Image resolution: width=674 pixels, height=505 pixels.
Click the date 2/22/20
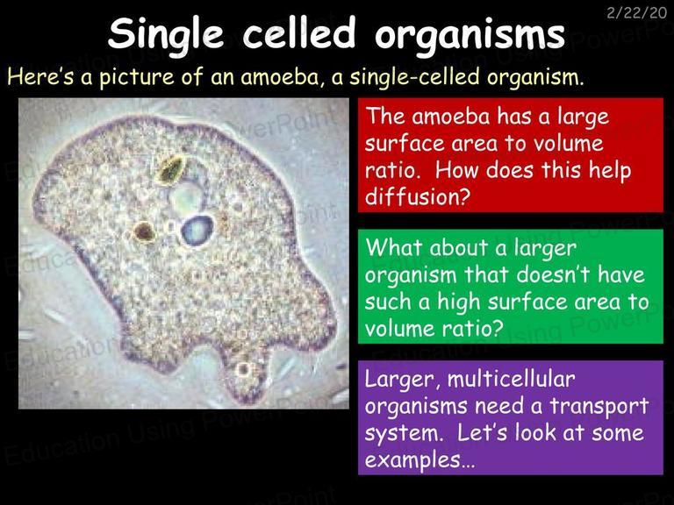click(636, 12)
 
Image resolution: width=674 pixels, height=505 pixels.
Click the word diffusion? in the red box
click(416, 197)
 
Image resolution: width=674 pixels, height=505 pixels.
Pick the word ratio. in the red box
click(392, 170)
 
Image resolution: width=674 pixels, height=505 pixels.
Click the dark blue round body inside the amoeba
click(197, 231)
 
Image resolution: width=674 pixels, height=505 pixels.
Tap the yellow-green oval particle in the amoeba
click(170, 169)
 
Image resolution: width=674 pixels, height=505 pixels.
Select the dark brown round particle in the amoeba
click(144, 231)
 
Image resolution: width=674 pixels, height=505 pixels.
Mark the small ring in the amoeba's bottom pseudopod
click(244, 369)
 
